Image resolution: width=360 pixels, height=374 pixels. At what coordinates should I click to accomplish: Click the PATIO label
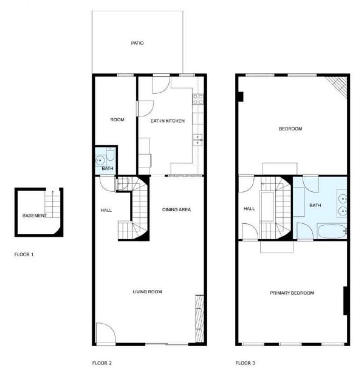tap(137, 43)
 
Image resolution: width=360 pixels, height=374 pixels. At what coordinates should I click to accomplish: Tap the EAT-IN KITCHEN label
tap(168, 121)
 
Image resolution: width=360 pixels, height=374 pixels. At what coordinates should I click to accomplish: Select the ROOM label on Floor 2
tap(117, 120)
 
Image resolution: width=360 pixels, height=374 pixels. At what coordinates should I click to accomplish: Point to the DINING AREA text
tap(176, 209)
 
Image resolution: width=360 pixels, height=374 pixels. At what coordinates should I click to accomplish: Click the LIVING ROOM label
tap(147, 292)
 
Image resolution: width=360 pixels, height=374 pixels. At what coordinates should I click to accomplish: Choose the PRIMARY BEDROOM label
tap(292, 293)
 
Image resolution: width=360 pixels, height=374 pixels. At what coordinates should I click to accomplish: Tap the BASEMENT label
tap(35, 216)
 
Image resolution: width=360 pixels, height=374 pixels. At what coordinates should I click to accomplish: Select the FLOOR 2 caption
tap(102, 362)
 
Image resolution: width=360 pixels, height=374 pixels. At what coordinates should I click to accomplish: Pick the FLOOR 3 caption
tap(245, 362)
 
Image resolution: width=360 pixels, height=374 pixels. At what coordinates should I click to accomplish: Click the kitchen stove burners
tap(198, 99)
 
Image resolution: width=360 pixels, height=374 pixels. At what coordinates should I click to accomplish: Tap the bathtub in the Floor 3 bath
tap(332, 231)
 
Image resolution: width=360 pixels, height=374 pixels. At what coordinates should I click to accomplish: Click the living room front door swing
tap(105, 333)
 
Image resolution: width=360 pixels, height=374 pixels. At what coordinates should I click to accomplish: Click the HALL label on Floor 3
tap(249, 209)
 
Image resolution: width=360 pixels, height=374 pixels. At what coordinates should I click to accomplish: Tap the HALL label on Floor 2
tap(106, 210)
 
